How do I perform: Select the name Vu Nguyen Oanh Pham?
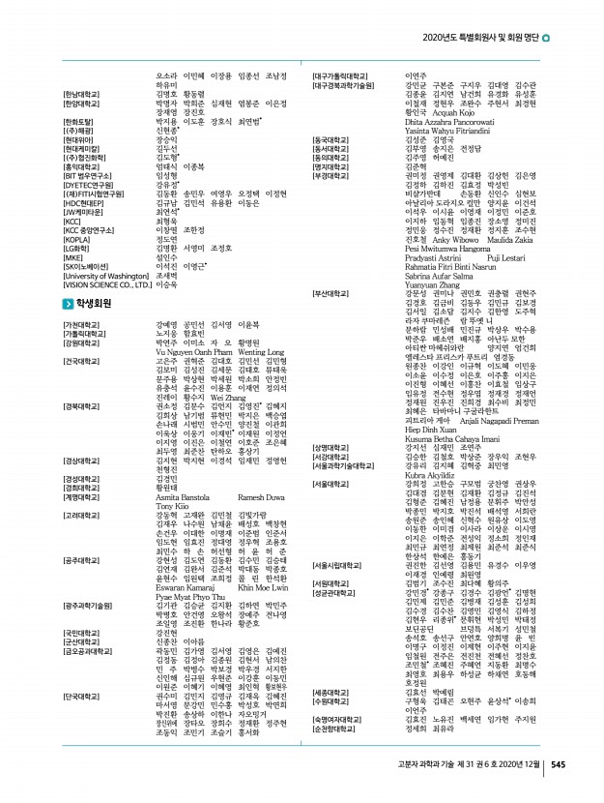(x=192, y=352)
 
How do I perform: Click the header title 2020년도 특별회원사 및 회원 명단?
(x=481, y=40)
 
